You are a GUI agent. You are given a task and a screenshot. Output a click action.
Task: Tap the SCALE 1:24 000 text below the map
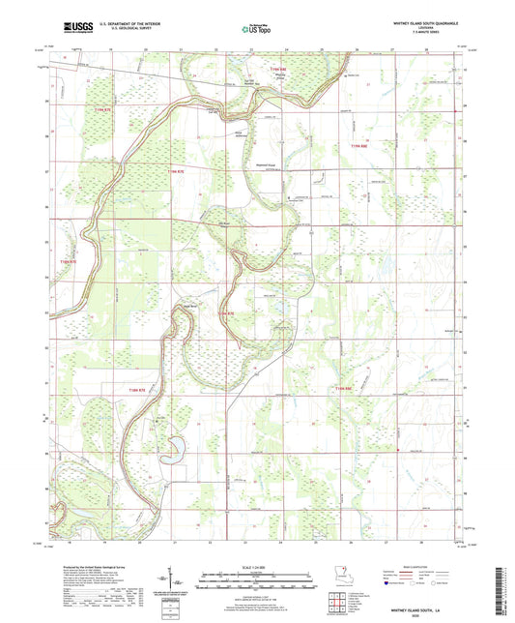point(257,567)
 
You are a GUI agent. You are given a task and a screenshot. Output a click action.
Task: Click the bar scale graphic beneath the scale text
point(257,579)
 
